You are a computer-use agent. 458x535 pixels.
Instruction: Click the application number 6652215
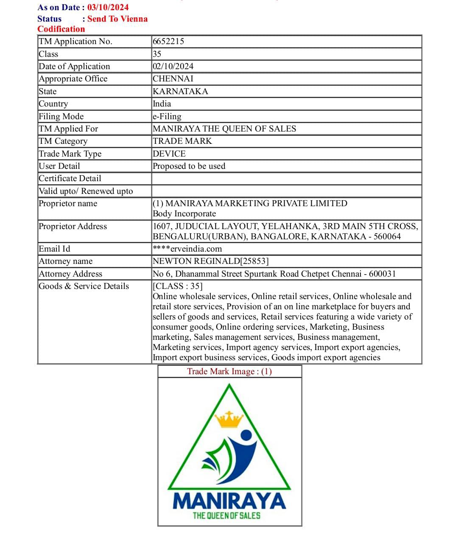[x=168, y=41]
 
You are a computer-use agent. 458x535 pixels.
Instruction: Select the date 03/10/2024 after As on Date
[x=108, y=7]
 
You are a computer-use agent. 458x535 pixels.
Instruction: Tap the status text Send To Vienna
[x=117, y=19]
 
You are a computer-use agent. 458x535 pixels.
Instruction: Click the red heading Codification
[x=61, y=29]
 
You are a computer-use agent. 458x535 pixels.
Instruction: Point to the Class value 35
[x=157, y=54]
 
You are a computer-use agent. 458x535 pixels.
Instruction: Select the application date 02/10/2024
[x=173, y=66]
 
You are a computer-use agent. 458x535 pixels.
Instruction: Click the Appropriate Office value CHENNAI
[x=173, y=78]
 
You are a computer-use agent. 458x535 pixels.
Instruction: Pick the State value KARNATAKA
[x=180, y=91]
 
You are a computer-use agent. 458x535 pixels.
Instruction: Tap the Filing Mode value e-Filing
[x=167, y=116]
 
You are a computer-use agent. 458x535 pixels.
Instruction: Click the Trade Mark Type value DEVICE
[x=169, y=154]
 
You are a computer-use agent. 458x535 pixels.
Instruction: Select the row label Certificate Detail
[x=70, y=178]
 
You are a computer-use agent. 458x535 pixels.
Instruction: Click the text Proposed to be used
[x=189, y=166]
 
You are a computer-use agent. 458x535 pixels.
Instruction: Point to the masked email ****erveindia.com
[x=187, y=249]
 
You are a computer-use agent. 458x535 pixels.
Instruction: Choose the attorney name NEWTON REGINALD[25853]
[x=210, y=261]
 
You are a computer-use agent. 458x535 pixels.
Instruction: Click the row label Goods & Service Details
[x=84, y=286]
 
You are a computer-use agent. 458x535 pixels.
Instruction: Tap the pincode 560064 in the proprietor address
[x=387, y=236]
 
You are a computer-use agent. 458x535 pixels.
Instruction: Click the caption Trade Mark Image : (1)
[x=229, y=371]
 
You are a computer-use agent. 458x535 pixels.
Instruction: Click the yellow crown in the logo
[x=229, y=420]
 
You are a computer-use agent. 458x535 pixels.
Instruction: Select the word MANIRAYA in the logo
[x=229, y=501]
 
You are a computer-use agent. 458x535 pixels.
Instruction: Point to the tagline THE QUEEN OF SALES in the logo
[x=226, y=515]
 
